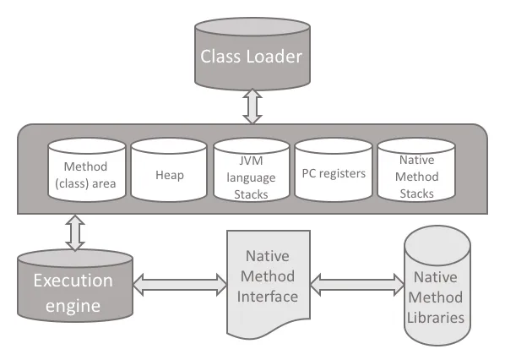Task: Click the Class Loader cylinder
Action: (252, 54)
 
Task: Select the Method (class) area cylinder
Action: (87, 170)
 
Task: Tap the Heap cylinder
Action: (169, 170)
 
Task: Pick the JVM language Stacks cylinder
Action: (251, 170)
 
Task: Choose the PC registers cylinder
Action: (334, 170)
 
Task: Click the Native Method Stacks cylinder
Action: (416, 170)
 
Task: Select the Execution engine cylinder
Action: (75, 286)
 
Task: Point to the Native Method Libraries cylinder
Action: (437, 286)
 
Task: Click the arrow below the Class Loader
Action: (252, 106)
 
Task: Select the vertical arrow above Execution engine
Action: (75, 232)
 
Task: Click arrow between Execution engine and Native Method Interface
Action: (180, 285)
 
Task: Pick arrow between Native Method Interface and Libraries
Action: (357, 285)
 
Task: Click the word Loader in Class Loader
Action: (274, 57)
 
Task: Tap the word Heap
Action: (170, 175)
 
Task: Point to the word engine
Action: (73, 306)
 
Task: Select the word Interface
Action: (268, 297)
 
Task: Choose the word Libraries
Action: (436, 318)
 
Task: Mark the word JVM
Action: (251, 161)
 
